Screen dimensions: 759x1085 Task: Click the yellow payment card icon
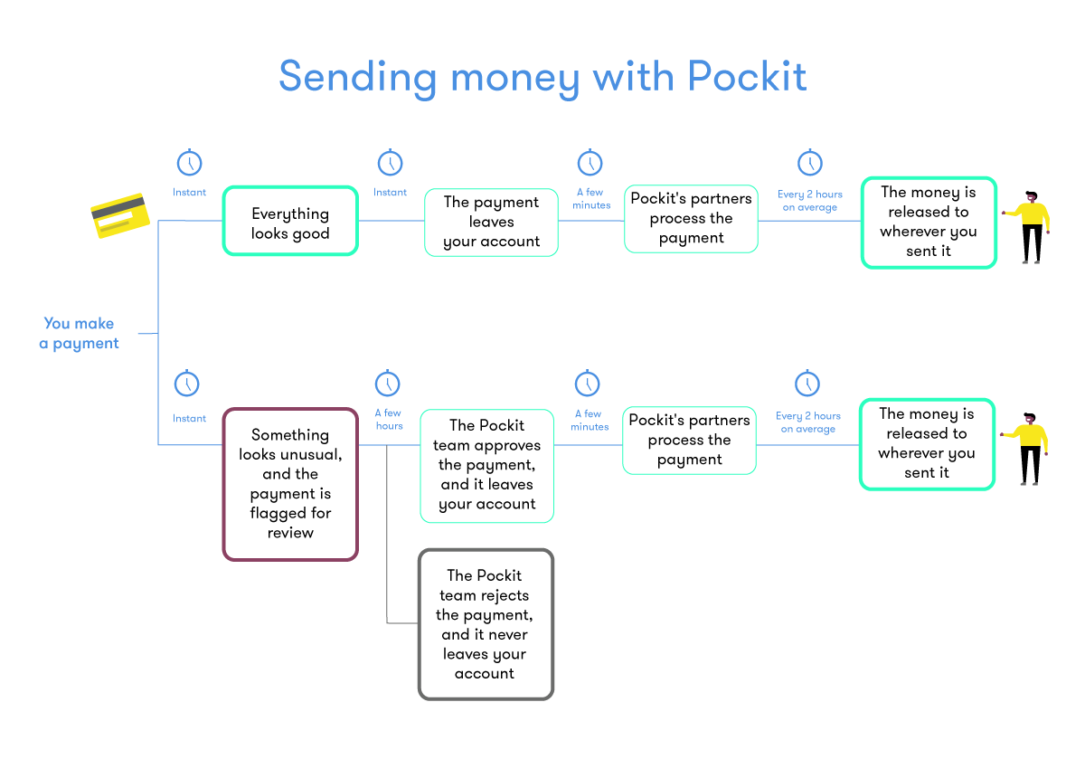tap(118, 216)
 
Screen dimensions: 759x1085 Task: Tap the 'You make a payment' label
tap(80, 333)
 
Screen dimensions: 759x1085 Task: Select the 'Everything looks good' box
tap(290, 223)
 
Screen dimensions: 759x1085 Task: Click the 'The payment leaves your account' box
tap(492, 223)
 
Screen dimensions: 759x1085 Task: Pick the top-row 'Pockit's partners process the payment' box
tap(691, 219)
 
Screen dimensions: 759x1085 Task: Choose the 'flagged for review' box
tap(290, 484)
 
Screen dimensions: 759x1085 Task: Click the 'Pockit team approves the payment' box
tap(487, 465)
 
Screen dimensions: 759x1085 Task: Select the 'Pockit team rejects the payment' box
tap(486, 624)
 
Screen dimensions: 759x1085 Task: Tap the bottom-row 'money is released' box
tap(927, 443)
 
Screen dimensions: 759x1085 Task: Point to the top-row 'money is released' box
tap(929, 223)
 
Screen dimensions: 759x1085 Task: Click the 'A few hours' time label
tap(389, 419)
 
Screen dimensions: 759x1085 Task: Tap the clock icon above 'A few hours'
tap(388, 384)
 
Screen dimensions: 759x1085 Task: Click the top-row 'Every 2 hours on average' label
tap(810, 201)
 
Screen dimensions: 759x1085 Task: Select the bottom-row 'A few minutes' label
tap(590, 420)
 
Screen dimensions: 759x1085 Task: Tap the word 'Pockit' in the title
tap(747, 76)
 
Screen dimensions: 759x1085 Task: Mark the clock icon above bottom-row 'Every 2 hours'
tap(807, 384)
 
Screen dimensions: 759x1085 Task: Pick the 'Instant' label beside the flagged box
tap(190, 419)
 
